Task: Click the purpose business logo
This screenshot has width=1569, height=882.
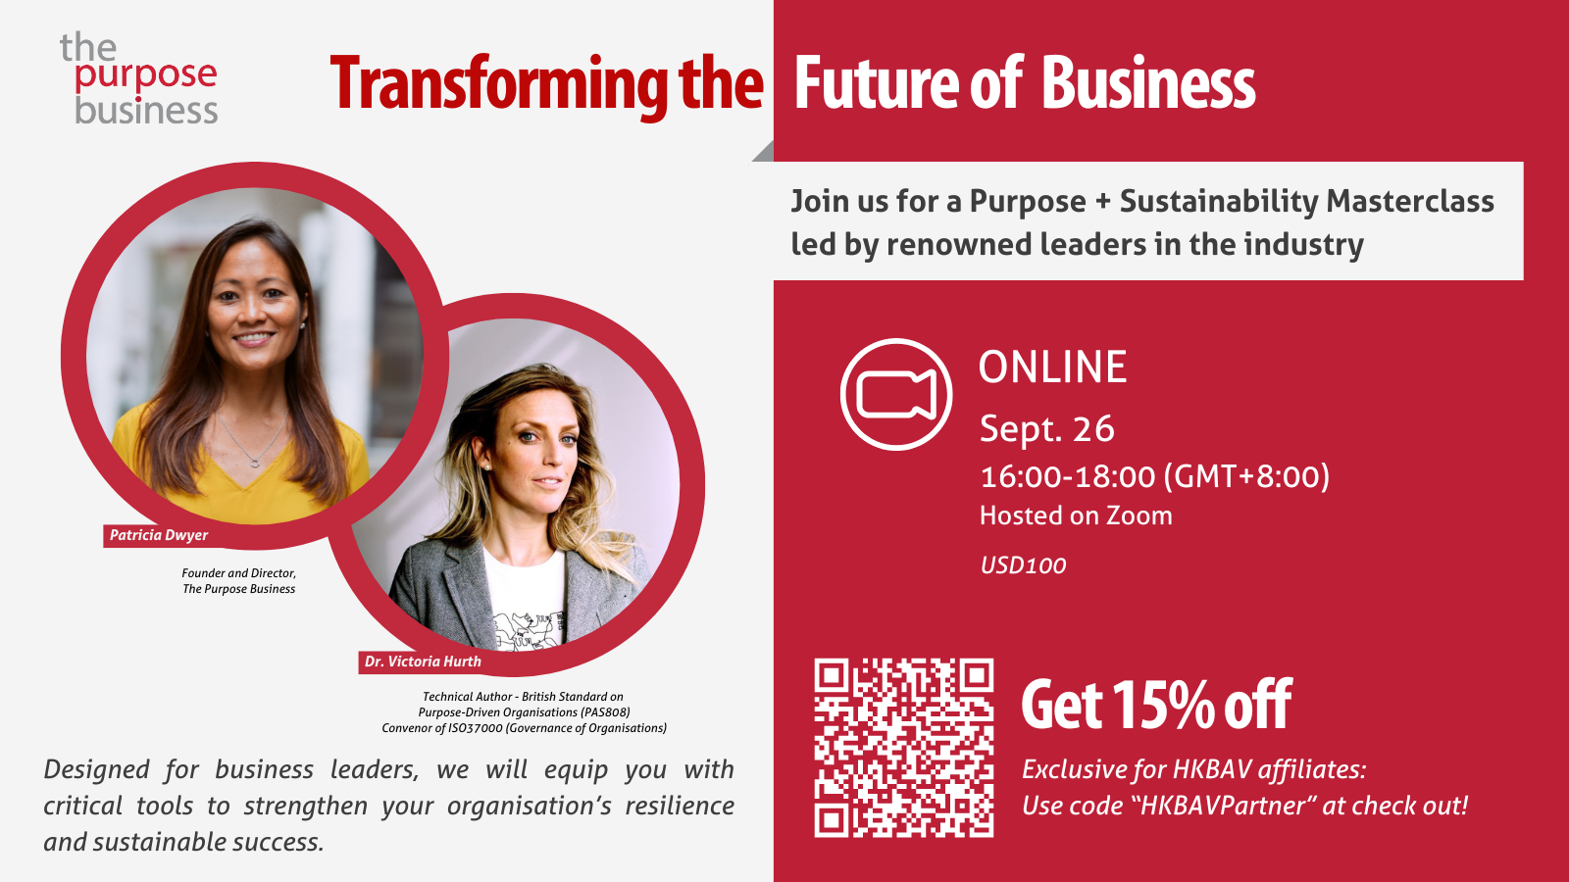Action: (138, 78)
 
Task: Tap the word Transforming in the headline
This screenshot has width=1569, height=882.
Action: (499, 84)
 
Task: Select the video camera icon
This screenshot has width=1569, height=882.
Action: (896, 394)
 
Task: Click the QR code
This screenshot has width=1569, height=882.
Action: (903, 748)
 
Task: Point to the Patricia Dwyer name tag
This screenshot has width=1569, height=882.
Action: (159, 535)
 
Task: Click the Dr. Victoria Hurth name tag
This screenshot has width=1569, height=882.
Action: (423, 661)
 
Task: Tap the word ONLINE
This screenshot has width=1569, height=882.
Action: (1053, 367)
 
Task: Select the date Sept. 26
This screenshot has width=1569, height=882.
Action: (1046, 428)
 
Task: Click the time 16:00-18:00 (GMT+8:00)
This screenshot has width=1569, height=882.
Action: (1154, 476)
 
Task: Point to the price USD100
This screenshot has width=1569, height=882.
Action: (1023, 565)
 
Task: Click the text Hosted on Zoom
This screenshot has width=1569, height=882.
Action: (1076, 515)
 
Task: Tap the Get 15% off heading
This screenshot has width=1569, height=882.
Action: (1156, 705)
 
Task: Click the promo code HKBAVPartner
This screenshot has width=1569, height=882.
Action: (1223, 806)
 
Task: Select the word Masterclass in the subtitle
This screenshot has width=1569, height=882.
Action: (1410, 201)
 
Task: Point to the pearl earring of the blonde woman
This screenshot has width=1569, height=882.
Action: (484, 465)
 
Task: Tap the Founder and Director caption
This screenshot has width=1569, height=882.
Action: (239, 573)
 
